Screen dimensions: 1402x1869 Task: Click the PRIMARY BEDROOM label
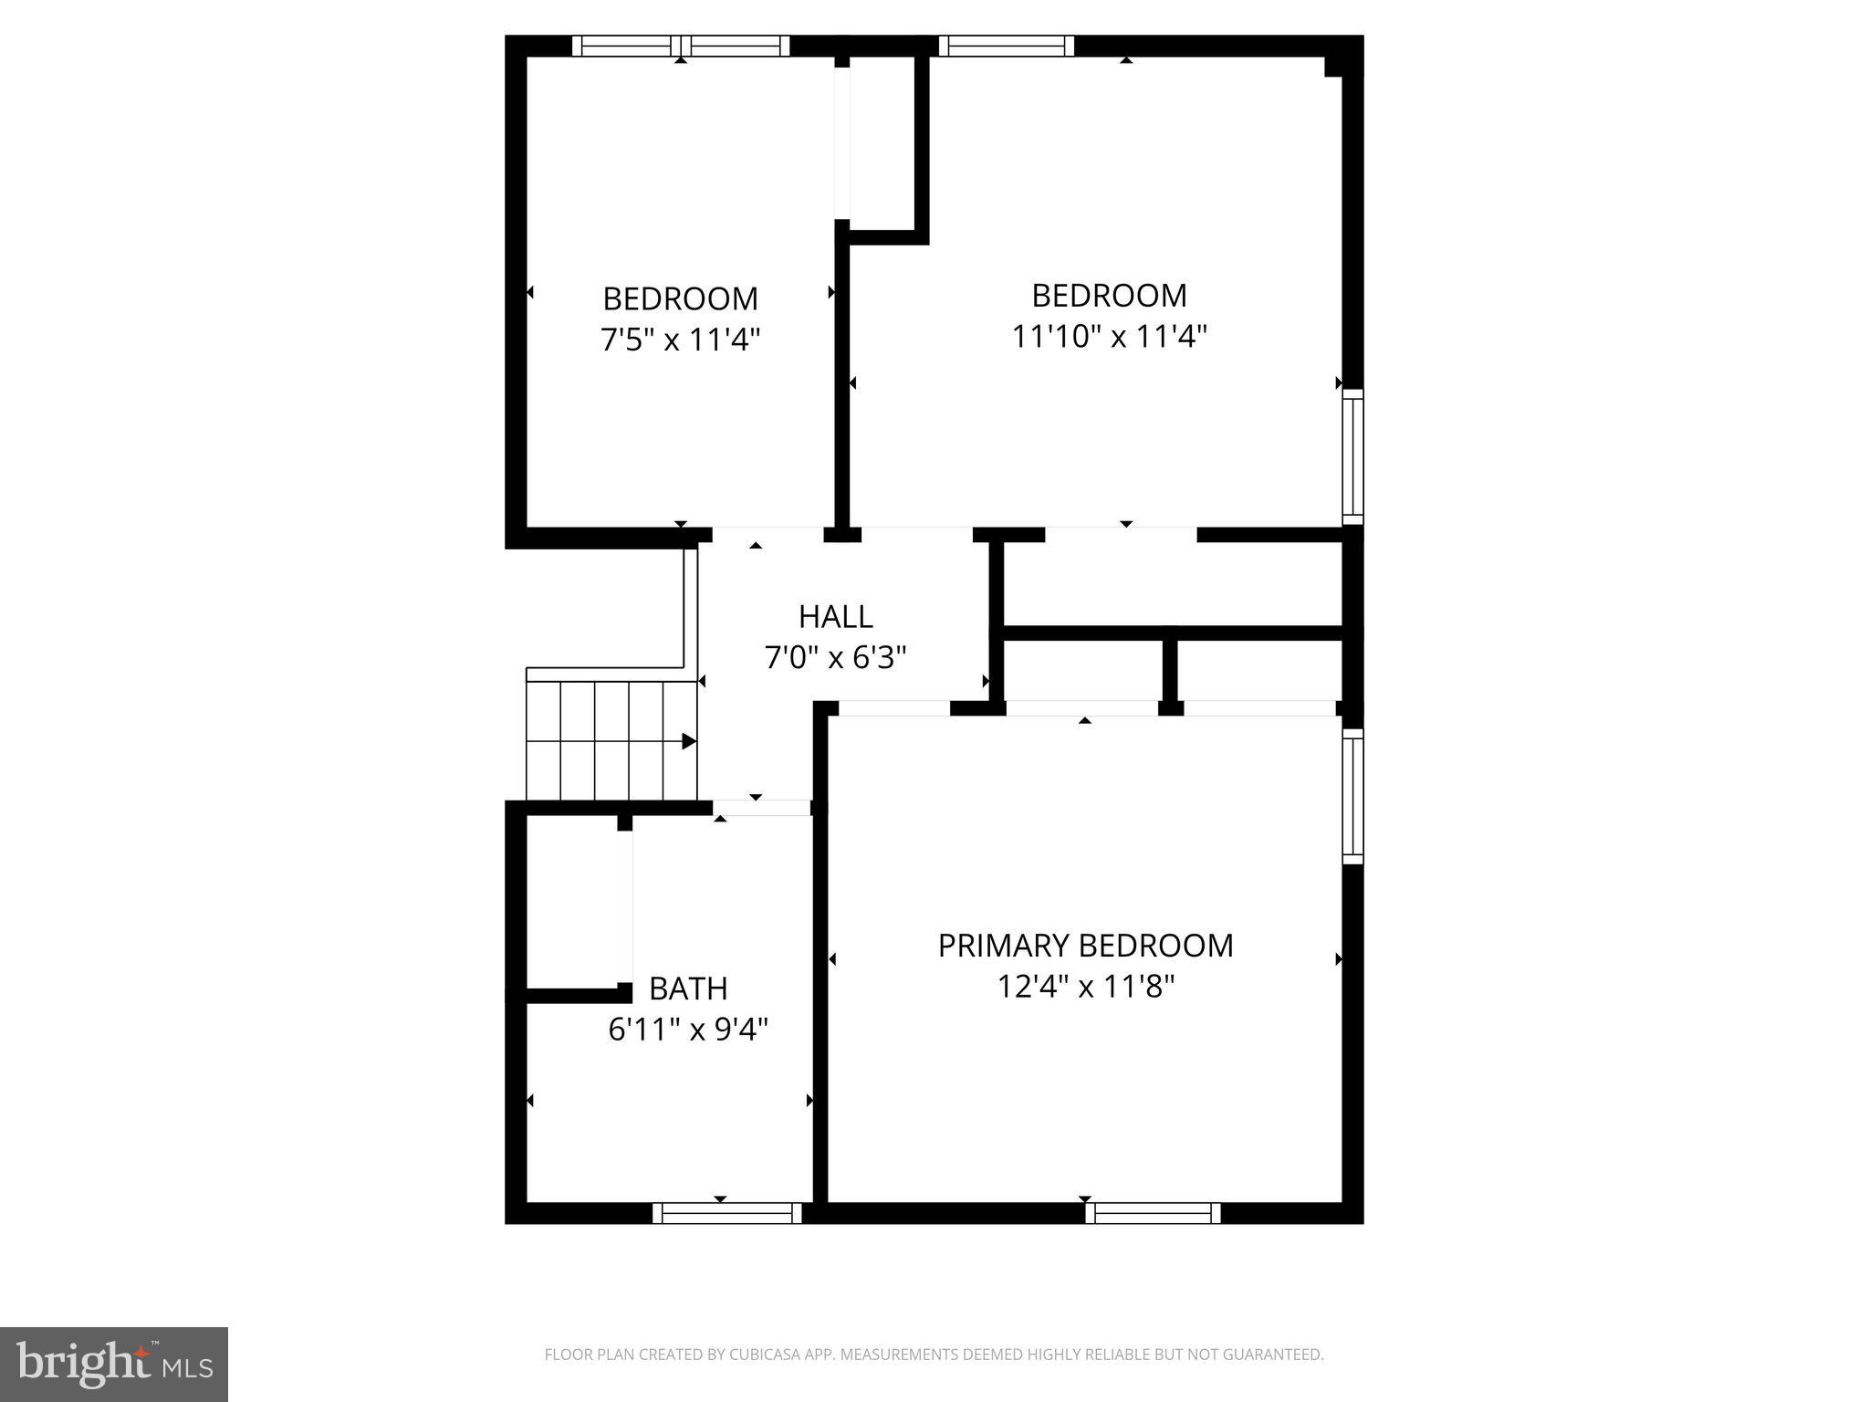tap(1085, 946)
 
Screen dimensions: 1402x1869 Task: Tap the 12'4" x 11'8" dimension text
tap(1085, 987)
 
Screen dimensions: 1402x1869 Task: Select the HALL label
tap(835, 617)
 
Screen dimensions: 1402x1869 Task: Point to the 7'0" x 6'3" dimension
tap(835, 657)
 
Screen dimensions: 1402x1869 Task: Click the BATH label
tap(688, 989)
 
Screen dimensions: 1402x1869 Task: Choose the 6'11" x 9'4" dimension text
tap(688, 1030)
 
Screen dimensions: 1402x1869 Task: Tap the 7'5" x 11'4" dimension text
tap(680, 340)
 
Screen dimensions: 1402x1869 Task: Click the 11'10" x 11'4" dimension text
tap(1109, 337)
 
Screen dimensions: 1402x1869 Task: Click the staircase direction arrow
tap(689, 741)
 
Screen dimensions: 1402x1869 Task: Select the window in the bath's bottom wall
tap(727, 1213)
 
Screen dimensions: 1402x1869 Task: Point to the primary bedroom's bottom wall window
tap(1153, 1213)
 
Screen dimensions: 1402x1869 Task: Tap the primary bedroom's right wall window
tap(1352, 796)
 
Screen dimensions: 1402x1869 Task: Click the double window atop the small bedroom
tap(681, 46)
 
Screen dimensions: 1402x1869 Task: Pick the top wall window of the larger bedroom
tap(1006, 46)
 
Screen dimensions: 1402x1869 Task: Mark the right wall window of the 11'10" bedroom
tap(1352, 456)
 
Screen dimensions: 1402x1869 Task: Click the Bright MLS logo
tap(114, 1365)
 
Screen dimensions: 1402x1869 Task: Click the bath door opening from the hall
tap(761, 808)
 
